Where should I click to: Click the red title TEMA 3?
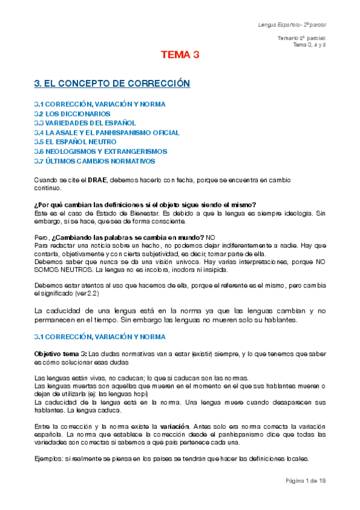pyautogui.click(x=180, y=55)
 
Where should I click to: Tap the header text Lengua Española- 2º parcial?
pyautogui.click(x=291, y=25)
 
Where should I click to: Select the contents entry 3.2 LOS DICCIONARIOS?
pyautogui.click(x=72, y=113)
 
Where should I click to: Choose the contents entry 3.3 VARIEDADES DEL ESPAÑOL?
pyautogui.click(x=85, y=123)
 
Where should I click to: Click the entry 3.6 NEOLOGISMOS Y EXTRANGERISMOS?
pyautogui.click(x=100, y=152)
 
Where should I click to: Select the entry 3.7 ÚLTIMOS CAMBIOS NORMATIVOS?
pyautogui.click(x=95, y=161)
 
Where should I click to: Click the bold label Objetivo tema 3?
pyautogui.click(x=61, y=354)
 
